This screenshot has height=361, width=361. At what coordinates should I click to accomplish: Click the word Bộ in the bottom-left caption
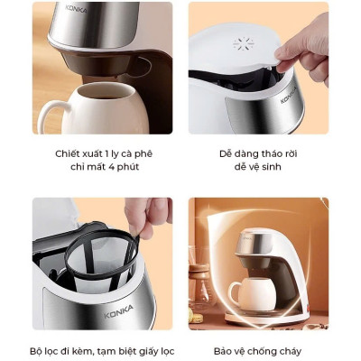tap(38, 350)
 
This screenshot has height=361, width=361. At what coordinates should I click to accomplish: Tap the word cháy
tap(287, 350)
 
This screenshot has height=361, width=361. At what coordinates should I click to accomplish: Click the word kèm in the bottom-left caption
tap(81, 350)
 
